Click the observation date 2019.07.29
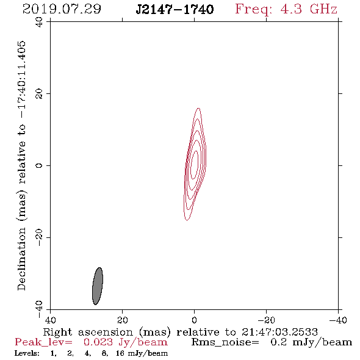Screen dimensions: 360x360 click(x=62, y=9)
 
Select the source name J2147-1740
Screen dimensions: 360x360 click(x=175, y=9)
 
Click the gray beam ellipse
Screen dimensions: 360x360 click(x=98, y=286)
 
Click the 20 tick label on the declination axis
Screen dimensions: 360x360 click(x=39, y=93)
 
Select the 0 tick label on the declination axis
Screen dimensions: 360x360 click(x=39, y=165)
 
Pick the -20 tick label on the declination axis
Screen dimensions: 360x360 click(x=39, y=237)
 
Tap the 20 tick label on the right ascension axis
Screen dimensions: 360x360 click(x=123, y=320)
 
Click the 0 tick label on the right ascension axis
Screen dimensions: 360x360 click(x=194, y=320)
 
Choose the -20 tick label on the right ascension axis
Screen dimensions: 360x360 click(x=266, y=320)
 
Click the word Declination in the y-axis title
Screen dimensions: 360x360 click(x=21, y=259)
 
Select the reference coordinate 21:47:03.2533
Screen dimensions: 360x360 click(x=279, y=332)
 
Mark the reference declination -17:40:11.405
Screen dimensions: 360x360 click(x=22, y=80)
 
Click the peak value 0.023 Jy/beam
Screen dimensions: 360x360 click(x=126, y=342)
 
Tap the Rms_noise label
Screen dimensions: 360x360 click(x=225, y=342)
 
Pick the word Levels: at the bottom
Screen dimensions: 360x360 click(x=27, y=353)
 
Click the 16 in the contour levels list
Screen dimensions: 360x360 click(x=120, y=353)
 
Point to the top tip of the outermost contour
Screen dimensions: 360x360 click(x=198, y=108)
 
